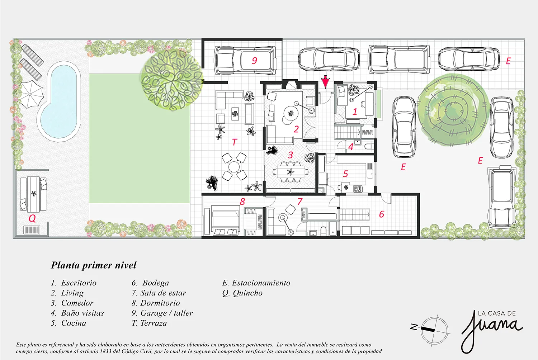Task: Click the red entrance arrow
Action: pyautogui.click(x=325, y=82)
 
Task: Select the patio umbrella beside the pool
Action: pyautogui.click(x=30, y=94)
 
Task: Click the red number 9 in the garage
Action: pyautogui.click(x=254, y=61)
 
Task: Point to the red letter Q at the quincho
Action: pyautogui.click(x=32, y=218)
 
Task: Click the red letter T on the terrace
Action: pyautogui.click(x=235, y=142)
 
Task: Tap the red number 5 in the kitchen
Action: pyautogui.click(x=346, y=174)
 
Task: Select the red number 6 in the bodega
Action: pyautogui.click(x=382, y=214)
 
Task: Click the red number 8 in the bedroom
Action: pyautogui.click(x=242, y=202)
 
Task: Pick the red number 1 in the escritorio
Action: pyautogui.click(x=355, y=112)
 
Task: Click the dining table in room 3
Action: pyautogui.click(x=291, y=172)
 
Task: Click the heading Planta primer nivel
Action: pyautogui.click(x=93, y=265)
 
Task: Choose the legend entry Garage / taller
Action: pyautogui.click(x=162, y=313)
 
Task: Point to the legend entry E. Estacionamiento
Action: pyautogui.click(x=256, y=283)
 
